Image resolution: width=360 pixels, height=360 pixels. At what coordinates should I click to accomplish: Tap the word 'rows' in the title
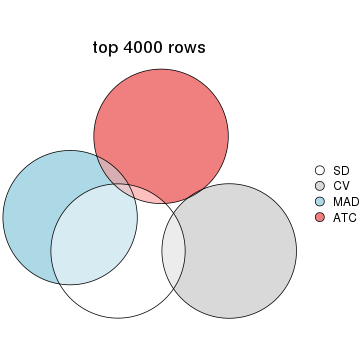pyautogui.click(x=191, y=47)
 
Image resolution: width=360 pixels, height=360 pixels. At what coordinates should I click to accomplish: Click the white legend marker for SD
pyautogui.click(x=320, y=170)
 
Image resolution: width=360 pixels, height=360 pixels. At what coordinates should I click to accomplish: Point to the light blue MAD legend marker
pyautogui.click(x=320, y=201)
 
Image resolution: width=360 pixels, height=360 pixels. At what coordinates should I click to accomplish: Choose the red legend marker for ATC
pyautogui.click(x=320, y=216)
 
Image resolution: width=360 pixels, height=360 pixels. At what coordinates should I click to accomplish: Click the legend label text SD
pyautogui.click(x=341, y=170)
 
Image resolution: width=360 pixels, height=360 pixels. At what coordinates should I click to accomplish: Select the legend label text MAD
pyautogui.click(x=346, y=201)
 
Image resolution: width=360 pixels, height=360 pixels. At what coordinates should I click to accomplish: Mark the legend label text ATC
pyautogui.click(x=345, y=216)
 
